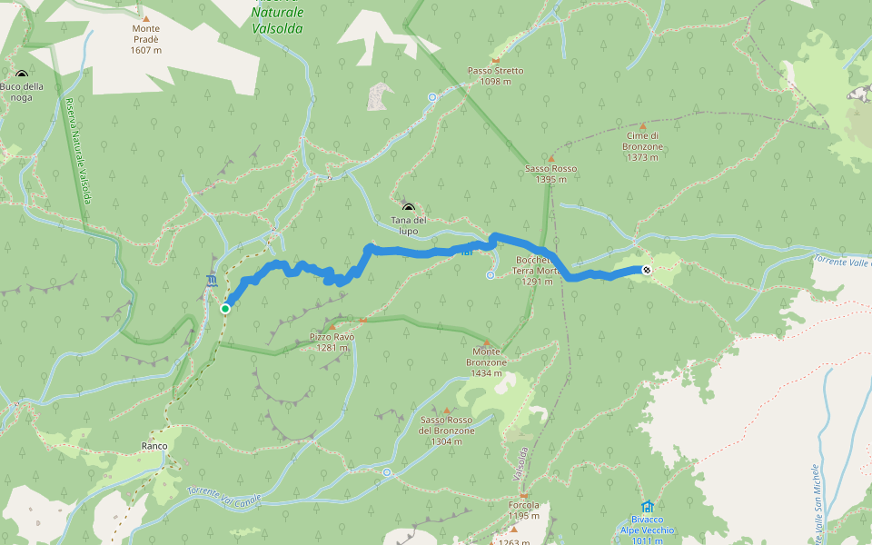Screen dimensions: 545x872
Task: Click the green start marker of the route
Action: click(225, 309)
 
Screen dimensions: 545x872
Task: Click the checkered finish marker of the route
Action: click(646, 269)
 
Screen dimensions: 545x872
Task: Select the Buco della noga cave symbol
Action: click(22, 75)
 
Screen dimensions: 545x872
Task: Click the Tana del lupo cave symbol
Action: click(408, 208)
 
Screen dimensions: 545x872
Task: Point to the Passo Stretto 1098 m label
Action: click(495, 75)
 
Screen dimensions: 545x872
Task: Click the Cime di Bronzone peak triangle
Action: click(643, 126)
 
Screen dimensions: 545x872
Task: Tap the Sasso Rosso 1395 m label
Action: click(550, 173)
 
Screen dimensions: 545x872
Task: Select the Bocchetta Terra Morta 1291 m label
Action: click(536, 271)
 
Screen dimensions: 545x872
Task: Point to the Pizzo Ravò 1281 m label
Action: click(331, 342)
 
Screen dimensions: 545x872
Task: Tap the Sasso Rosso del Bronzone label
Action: click(447, 431)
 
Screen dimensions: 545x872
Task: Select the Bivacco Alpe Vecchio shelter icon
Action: click(647, 507)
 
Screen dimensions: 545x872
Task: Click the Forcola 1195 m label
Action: click(524, 510)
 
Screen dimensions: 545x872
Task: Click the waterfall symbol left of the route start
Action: click(212, 280)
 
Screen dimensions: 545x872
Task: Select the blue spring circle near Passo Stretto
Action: click(432, 96)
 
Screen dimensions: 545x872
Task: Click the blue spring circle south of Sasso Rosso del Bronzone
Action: click(387, 472)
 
